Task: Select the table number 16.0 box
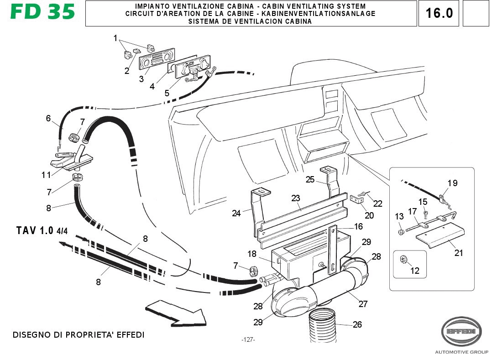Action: pyautogui.click(x=439, y=13)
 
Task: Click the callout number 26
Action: pyautogui.click(x=357, y=325)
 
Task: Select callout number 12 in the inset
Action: pyautogui.click(x=414, y=271)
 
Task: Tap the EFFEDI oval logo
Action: pyautogui.click(x=460, y=331)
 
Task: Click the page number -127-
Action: pyautogui.click(x=248, y=340)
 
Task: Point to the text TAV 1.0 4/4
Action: pyautogui.click(x=42, y=230)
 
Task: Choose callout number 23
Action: pyautogui.click(x=296, y=198)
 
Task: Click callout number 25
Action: pyautogui.click(x=310, y=179)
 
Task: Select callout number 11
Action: pyautogui.click(x=46, y=175)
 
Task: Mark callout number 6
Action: pyautogui.click(x=48, y=119)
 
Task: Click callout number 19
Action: pyautogui.click(x=452, y=183)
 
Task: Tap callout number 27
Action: pyautogui.click(x=363, y=304)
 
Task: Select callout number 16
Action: pyautogui.click(x=358, y=227)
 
